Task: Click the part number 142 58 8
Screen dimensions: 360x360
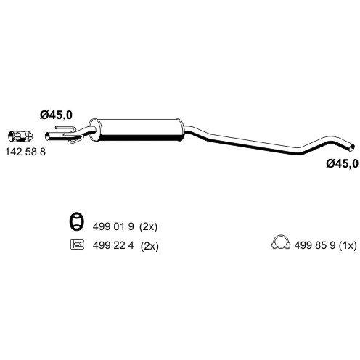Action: (25, 152)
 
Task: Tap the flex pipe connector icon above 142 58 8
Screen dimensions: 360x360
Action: (20, 136)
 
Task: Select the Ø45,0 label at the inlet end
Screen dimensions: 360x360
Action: (56, 115)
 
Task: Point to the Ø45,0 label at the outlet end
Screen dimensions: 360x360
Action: (342, 164)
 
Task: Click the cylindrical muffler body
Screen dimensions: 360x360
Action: (136, 130)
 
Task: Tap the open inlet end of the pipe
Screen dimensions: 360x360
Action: (47, 136)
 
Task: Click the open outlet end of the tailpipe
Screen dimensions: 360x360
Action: (352, 147)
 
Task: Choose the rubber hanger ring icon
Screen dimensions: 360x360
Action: (76, 221)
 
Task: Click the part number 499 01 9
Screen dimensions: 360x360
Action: (113, 226)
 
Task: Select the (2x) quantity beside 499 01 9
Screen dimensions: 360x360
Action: (148, 227)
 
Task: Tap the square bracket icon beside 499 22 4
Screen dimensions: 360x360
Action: (77, 244)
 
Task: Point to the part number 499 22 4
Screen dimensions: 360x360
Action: (113, 246)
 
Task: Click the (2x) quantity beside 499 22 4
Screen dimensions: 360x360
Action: (150, 246)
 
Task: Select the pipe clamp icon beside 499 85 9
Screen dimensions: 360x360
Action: (281, 242)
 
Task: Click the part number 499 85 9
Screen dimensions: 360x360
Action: (315, 245)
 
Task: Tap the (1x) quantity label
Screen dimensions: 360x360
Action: (348, 246)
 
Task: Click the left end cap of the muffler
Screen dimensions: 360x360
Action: (94, 128)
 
